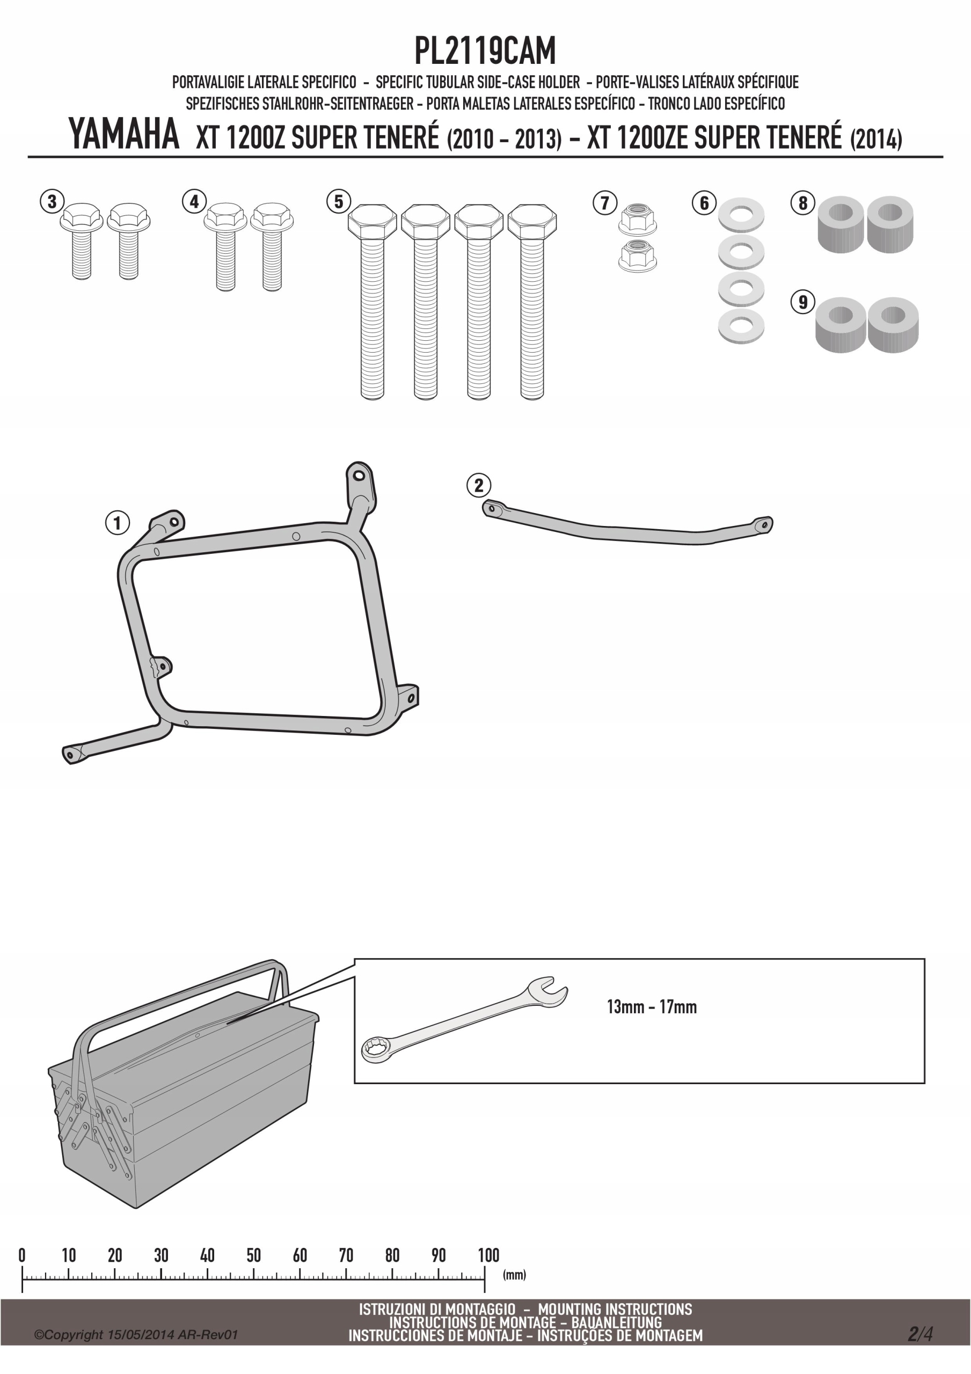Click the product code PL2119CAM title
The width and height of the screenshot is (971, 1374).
tap(485, 51)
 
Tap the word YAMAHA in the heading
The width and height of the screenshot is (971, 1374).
tap(124, 134)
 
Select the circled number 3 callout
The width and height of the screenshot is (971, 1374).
tap(52, 201)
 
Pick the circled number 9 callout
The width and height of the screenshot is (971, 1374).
tap(803, 302)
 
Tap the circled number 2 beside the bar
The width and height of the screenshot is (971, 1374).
tap(478, 485)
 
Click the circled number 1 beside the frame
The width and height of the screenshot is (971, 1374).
tap(118, 522)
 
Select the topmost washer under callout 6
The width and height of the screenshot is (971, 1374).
tap(741, 215)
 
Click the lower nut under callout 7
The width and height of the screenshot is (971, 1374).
tap(637, 256)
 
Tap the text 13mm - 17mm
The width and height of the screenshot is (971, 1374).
tap(652, 1006)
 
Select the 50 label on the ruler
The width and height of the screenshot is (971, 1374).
tap(253, 1254)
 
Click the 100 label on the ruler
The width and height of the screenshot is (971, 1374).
tap(488, 1254)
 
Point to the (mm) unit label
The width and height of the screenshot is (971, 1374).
tap(514, 1274)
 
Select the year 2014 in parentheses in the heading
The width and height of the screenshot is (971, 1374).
tap(876, 139)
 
